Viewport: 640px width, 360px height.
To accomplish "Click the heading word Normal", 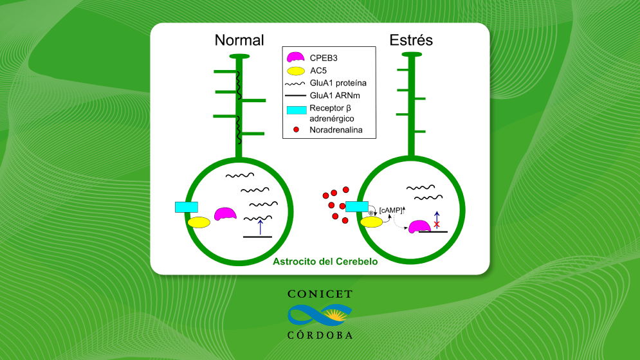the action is pyautogui.click(x=239, y=40).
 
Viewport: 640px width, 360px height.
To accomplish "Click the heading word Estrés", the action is pyautogui.click(x=411, y=40).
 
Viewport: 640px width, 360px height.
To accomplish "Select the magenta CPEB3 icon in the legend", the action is pyautogui.click(x=295, y=57).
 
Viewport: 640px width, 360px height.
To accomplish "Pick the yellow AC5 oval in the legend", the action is pyautogui.click(x=296, y=71).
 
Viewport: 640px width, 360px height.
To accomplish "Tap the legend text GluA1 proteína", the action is pyautogui.click(x=338, y=84).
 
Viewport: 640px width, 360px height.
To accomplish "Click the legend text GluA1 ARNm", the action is pyautogui.click(x=334, y=96).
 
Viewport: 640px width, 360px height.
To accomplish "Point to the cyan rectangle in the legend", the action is pyautogui.click(x=297, y=110).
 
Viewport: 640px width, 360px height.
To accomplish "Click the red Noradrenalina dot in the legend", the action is pyautogui.click(x=297, y=130).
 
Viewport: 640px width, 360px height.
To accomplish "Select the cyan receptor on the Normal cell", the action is pyautogui.click(x=187, y=207).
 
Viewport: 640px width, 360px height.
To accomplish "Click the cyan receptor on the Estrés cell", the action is pyautogui.click(x=357, y=206).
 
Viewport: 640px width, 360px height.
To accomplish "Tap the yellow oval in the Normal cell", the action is pyautogui.click(x=199, y=222).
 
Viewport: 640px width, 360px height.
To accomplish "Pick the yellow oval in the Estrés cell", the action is pyautogui.click(x=371, y=222).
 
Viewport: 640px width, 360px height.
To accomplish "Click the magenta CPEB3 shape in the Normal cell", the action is pyautogui.click(x=225, y=214).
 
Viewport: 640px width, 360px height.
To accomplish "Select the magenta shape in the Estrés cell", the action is pyautogui.click(x=419, y=226).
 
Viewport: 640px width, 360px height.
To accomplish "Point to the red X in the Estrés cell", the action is pyautogui.click(x=437, y=224).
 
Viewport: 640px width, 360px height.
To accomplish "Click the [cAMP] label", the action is pyautogui.click(x=390, y=210).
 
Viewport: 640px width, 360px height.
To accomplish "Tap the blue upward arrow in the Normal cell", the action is pyautogui.click(x=261, y=227).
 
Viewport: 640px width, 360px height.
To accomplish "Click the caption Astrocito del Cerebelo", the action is pyautogui.click(x=325, y=262).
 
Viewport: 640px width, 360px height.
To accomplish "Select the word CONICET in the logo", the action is pyautogui.click(x=320, y=294).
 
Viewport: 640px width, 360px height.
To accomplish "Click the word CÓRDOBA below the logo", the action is pyautogui.click(x=320, y=335).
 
